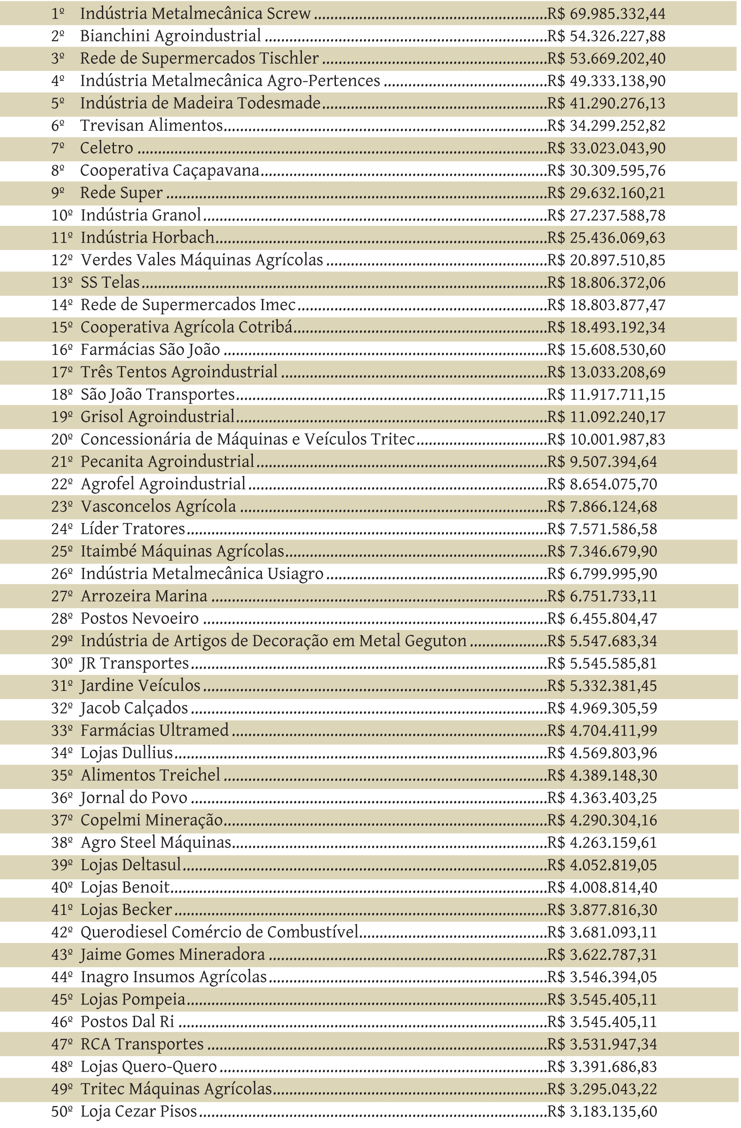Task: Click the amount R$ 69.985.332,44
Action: tap(606, 14)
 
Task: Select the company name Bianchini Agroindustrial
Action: tap(171, 36)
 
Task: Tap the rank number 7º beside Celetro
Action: tap(58, 148)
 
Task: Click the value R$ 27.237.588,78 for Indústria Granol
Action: tap(606, 215)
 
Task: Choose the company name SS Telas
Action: tap(110, 283)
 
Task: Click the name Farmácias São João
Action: tap(150, 350)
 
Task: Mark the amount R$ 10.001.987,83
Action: tap(606, 439)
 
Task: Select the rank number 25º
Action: tap(61, 551)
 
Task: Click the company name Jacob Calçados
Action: tap(134, 708)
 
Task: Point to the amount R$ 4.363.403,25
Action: tap(602, 798)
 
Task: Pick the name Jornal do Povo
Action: tap(134, 798)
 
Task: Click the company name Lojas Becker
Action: tap(126, 909)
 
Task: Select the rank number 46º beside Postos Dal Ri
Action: tap(61, 1021)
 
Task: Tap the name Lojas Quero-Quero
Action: tap(149, 1066)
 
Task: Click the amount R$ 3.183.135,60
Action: tap(602, 1111)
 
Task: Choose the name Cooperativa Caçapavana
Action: tap(169, 171)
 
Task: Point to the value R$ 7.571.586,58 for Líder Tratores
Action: tap(602, 529)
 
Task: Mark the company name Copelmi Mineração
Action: tap(152, 820)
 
